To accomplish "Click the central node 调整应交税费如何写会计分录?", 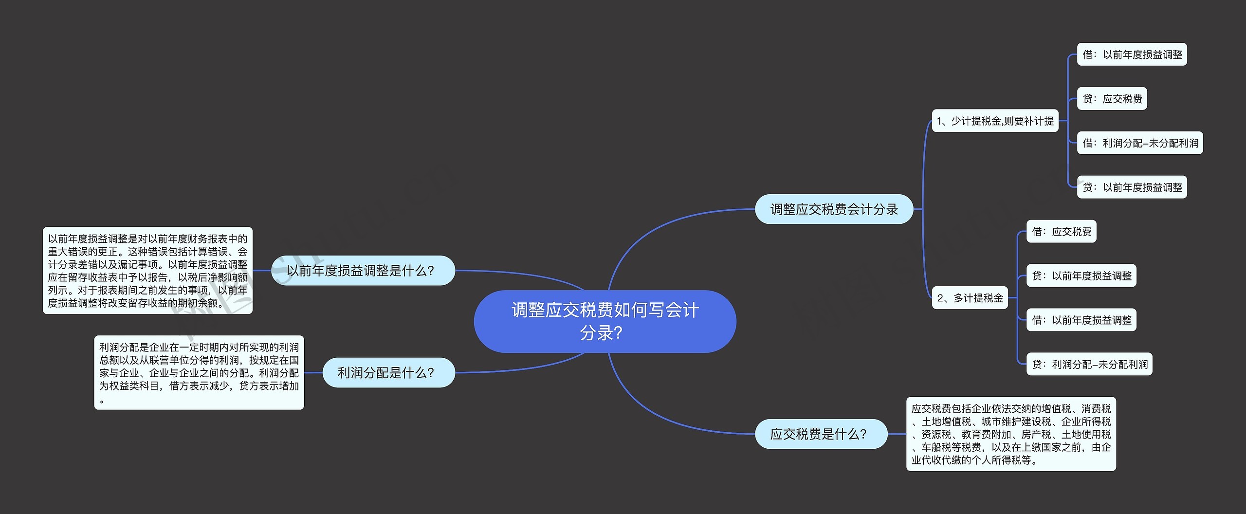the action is (605, 321).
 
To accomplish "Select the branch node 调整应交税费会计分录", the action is (834, 209).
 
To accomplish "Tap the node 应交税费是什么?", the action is (821, 434).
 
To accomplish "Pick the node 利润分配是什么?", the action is (388, 372).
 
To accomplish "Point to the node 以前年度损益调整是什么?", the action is (363, 270).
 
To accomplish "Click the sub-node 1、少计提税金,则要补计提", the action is (995, 121).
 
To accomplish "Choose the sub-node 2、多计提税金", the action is (970, 297).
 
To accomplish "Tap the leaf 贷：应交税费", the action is (1112, 99).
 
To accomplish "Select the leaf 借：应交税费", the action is (1061, 231).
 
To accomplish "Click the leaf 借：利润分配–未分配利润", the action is (1139, 143).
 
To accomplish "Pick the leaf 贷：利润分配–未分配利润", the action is (1089, 364).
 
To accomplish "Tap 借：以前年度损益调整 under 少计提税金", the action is (1132, 55).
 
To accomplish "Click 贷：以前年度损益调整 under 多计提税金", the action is (1081, 275).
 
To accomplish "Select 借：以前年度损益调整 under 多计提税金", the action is (1081, 320).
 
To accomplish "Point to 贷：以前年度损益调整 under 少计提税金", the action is (1132, 187).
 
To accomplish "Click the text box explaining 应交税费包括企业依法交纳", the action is (1010, 434).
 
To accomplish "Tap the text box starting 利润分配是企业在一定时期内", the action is (199, 372).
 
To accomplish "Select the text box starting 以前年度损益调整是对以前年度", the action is (147, 270).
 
